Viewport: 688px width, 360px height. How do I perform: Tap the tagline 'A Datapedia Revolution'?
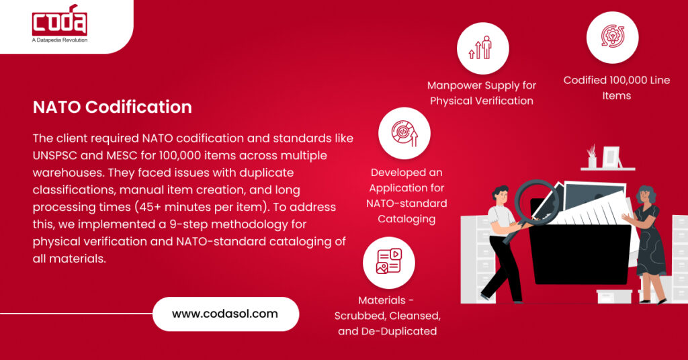click(60, 40)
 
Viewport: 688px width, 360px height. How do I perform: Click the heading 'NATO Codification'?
click(112, 107)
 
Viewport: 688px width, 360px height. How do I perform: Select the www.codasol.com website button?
click(225, 313)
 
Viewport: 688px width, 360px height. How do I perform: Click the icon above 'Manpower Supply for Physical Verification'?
click(482, 48)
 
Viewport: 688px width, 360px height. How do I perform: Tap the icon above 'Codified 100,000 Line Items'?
click(612, 38)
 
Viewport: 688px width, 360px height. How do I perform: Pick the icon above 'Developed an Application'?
click(404, 133)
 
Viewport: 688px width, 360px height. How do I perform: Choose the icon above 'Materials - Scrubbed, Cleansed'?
click(388, 263)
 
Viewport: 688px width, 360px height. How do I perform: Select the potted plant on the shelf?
click(592, 156)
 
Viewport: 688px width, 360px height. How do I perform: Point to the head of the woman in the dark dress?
click(646, 197)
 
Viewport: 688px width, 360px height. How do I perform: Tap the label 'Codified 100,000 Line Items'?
click(616, 88)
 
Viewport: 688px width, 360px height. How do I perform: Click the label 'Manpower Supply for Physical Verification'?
click(482, 93)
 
